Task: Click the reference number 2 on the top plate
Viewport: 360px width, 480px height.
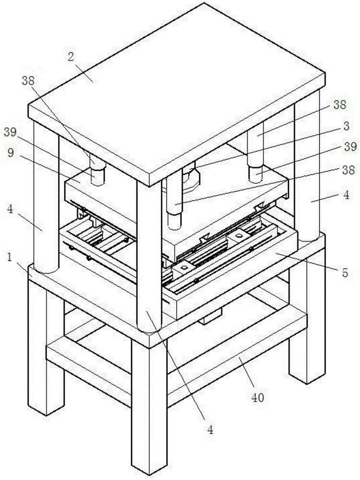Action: coord(71,58)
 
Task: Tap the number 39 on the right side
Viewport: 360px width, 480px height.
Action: coord(350,147)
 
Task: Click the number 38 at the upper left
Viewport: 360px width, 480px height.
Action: coord(28,81)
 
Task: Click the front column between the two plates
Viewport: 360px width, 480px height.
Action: coord(149,254)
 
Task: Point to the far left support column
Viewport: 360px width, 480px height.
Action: coord(46,202)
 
